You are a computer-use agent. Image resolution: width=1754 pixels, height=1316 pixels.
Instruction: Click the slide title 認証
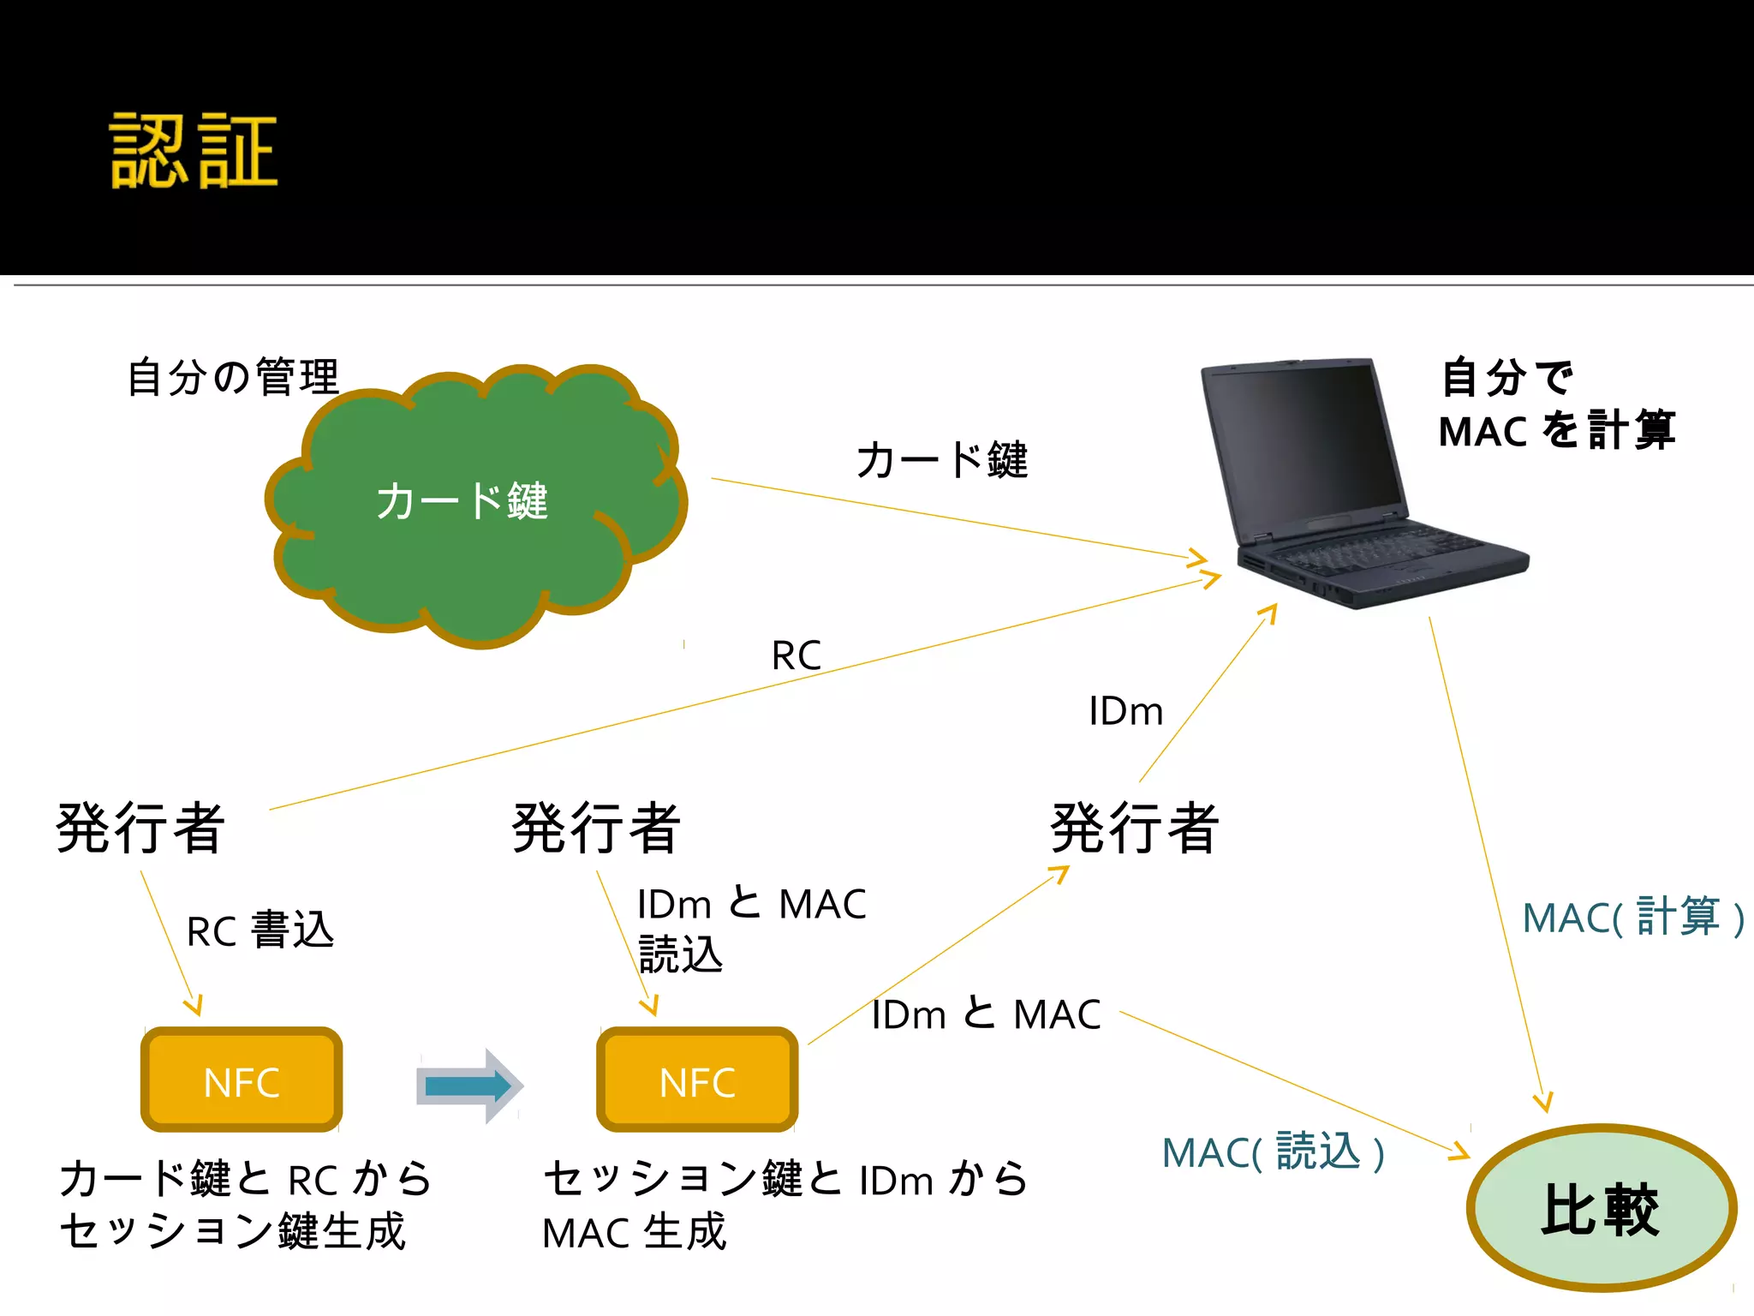(194, 151)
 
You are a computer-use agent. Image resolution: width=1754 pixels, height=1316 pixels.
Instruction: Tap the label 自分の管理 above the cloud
(233, 377)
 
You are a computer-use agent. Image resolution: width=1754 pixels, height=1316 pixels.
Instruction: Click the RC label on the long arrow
(796, 656)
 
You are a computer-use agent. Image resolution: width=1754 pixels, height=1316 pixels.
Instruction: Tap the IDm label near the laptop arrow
(1125, 712)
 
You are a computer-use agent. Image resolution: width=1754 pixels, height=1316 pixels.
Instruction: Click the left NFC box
(242, 1081)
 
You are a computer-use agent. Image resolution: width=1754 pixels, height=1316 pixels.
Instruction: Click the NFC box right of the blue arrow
(697, 1081)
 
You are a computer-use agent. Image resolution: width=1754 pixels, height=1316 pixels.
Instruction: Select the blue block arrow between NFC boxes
(469, 1086)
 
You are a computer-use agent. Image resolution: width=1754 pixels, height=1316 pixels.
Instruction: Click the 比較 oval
(1600, 1209)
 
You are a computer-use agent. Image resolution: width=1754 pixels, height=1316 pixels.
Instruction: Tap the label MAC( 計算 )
(1632, 918)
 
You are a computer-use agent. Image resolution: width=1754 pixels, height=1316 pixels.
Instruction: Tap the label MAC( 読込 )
(1273, 1151)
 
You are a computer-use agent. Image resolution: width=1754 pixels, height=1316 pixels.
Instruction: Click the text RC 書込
(260, 930)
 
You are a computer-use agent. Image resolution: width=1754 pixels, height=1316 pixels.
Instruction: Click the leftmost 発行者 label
(140, 828)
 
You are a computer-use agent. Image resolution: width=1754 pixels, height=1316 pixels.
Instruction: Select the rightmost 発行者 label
(1134, 828)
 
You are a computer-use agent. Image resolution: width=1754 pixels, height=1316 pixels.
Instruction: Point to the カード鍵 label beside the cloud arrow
(941, 460)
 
